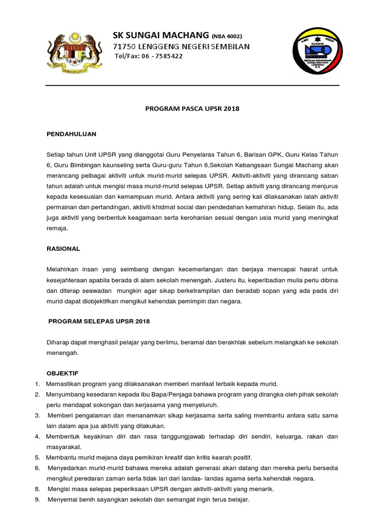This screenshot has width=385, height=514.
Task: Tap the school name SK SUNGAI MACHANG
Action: pyautogui.click(x=160, y=35)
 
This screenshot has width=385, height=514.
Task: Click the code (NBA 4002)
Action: pyautogui.click(x=227, y=36)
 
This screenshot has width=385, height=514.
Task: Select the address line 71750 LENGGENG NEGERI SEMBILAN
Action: pyautogui.click(x=181, y=47)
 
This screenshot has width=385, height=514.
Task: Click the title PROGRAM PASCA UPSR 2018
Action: pyautogui.click(x=192, y=109)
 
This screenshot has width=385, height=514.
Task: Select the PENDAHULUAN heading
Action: pyautogui.click(x=71, y=135)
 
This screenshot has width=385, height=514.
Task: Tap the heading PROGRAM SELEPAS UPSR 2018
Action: pyautogui.click(x=99, y=321)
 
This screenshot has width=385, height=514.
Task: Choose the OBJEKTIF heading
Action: pyautogui.click(x=62, y=373)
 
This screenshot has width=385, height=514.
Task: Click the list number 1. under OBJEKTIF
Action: pyautogui.click(x=37, y=384)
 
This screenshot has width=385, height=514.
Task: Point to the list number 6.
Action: pyautogui.click(x=37, y=468)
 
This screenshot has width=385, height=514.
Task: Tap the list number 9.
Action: pyautogui.click(x=37, y=500)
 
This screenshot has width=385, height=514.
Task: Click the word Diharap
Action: pyautogui.click(x=57, y=342)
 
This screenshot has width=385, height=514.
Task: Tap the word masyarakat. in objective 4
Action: pyautogui.click(x=64, y=447)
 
